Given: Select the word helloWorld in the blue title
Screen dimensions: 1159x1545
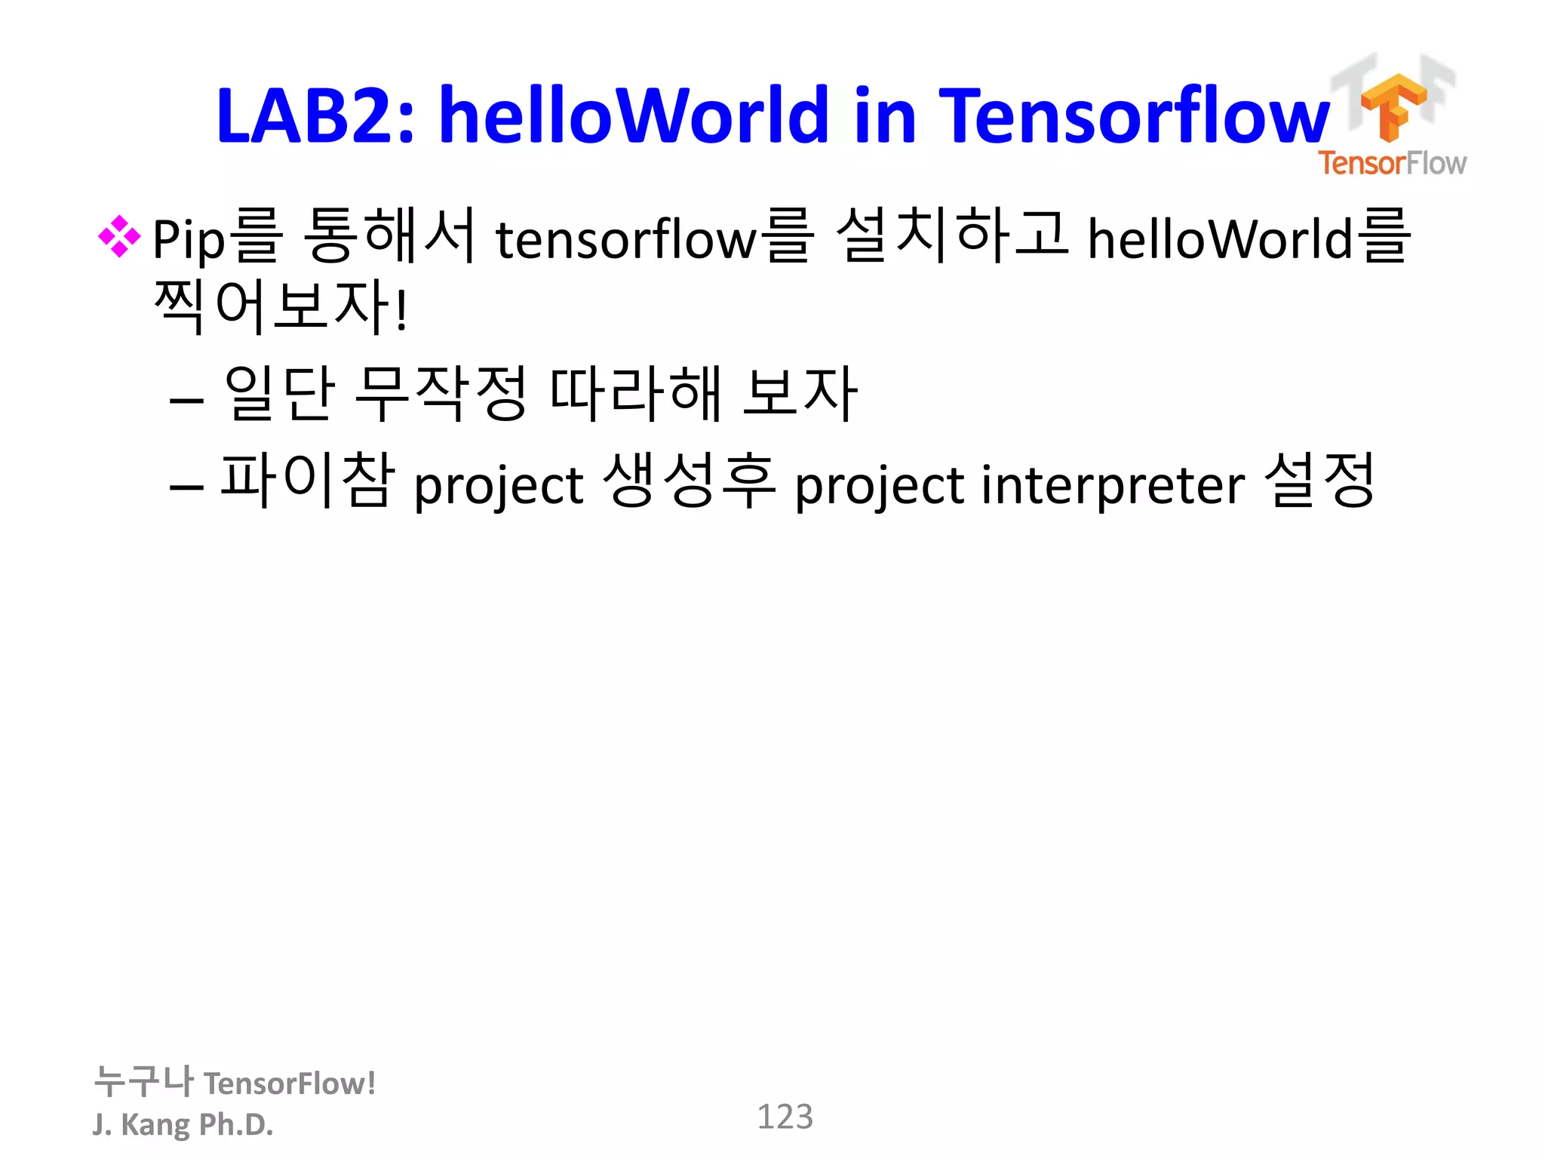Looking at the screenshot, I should tap(634, 115).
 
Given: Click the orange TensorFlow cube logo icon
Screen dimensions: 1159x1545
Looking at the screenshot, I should tap(1393, 106).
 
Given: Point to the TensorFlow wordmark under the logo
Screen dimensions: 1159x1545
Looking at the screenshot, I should tap(1392, 163).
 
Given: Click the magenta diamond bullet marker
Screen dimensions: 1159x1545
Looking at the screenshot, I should tap(119, 236).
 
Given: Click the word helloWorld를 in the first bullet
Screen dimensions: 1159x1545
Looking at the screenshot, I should tap(1248, 238).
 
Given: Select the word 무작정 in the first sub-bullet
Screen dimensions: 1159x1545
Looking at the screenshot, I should tap(441, 393).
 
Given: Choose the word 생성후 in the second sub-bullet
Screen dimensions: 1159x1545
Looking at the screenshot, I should tap(690, 481).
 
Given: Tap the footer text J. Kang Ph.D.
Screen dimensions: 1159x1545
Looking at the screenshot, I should tap(183, 1124).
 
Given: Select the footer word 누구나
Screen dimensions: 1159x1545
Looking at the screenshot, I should tap(143, 1081).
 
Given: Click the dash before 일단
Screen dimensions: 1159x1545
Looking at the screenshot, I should tap(186, 399).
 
